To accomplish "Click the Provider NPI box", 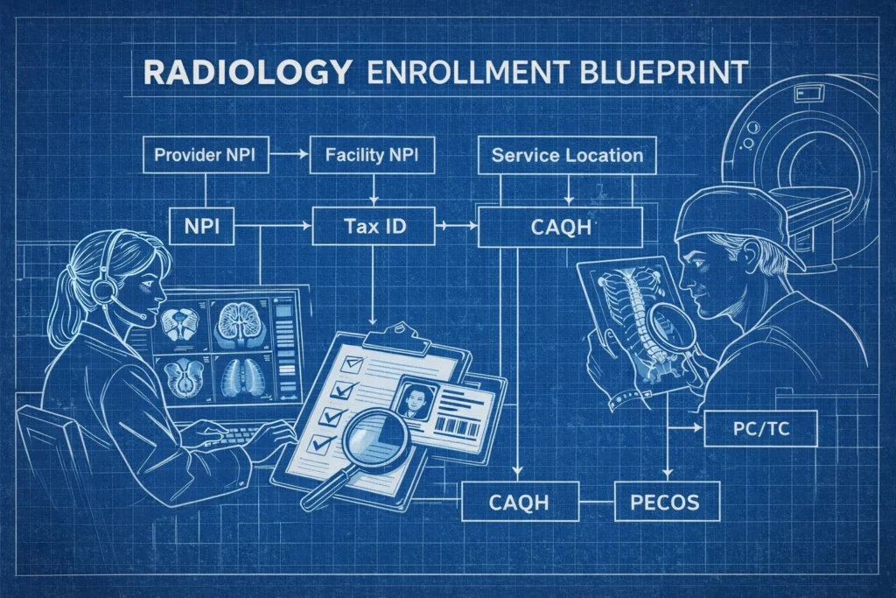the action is tap(206, 154).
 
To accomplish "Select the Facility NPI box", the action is tap(372, 154).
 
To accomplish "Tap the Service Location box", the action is tap(567, 155).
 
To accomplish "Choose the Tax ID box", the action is tap(374, 227).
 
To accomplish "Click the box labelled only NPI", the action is tap(202, 227).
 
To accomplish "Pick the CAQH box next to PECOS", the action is tap(520, 502).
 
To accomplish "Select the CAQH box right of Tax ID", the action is tap(560, 227).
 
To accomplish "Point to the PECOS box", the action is tap(667, 502).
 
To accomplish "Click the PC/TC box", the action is tap(760, 428).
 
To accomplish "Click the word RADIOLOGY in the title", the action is tap(248, 73).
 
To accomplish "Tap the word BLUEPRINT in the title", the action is tap(663, 73).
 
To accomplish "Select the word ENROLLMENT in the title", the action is tap(467, 73).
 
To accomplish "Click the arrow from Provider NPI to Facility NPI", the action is tap(289, 154).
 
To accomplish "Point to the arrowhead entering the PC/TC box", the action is tap(698, 427).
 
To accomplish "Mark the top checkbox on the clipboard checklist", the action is tap(352, 364).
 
